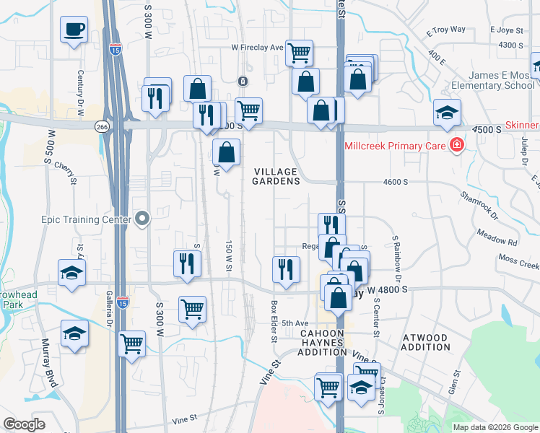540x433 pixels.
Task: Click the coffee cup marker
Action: coord(74,30)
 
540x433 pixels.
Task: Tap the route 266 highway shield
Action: coord(102,126)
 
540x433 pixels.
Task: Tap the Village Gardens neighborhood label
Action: coord(276,176)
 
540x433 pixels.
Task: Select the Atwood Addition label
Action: coord(425,342)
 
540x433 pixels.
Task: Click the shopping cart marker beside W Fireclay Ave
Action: coord(299,52)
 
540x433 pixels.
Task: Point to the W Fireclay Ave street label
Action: coord(257,48)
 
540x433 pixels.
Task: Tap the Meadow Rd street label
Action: coord(497,237)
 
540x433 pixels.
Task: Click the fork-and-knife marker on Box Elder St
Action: coord(286,270)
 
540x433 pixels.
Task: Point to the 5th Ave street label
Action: coord(295,323)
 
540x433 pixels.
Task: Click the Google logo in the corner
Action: coord(24,424)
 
